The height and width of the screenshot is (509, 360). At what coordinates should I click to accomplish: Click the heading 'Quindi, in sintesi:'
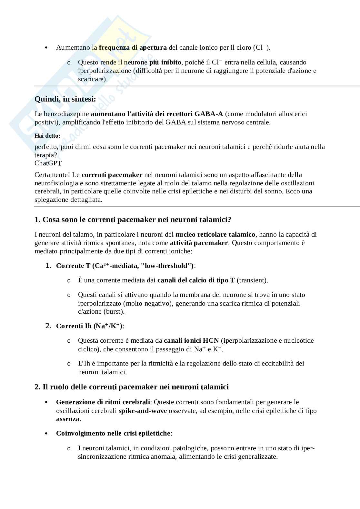(x=65, y=99)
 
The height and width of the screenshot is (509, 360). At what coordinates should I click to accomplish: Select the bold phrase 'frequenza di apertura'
(x=133, y=48)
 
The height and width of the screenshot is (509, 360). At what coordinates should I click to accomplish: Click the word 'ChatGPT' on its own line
(x=48, y=163)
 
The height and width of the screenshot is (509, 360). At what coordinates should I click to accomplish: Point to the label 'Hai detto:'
(x=47, y=136)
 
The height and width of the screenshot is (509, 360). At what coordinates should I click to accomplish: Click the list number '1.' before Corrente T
(x=48, y=266)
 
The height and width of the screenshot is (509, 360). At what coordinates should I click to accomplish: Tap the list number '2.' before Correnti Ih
(x=48, y=326)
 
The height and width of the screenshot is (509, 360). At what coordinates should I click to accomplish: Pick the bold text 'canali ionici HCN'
(x=191, y=340)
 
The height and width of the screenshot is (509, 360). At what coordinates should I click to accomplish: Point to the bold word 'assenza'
(x=68, y=419)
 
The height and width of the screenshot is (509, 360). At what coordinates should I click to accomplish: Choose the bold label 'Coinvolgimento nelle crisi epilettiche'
(x=113, y=433)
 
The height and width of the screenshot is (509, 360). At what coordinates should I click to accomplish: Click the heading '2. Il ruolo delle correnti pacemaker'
(x=131, y=387)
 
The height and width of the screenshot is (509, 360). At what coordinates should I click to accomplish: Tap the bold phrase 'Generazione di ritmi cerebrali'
(x=103, y=402)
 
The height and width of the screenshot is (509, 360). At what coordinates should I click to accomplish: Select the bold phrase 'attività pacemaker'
(x=199, y=243)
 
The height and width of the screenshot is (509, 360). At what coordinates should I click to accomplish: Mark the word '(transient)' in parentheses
(x=252, y=280)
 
